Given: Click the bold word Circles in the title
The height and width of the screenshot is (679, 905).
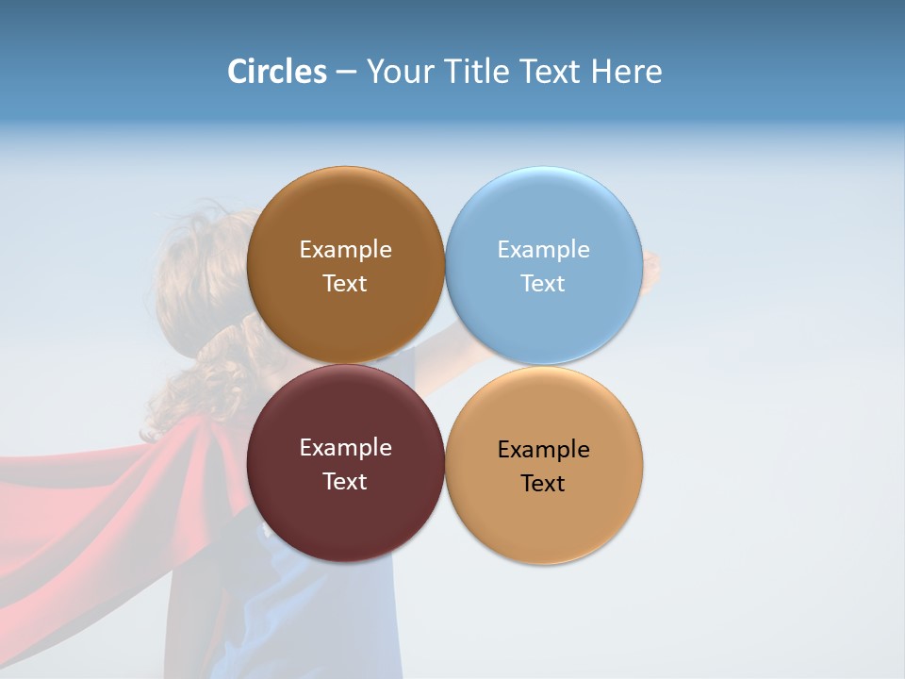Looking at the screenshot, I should pos(276,72).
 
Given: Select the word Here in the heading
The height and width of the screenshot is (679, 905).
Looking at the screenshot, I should pos(626,72).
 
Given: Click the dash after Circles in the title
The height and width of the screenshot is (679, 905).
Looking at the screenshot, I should pos(346,73).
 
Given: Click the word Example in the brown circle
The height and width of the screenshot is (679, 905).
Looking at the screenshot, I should pos(345,249).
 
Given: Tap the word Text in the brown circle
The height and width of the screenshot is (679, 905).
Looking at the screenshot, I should pos(345,283).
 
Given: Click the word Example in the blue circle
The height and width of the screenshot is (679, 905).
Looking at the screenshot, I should pos(543,249).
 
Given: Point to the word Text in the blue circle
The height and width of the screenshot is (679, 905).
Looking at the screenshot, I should pos(543,283).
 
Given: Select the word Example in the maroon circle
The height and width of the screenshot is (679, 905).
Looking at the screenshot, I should pos(345,447).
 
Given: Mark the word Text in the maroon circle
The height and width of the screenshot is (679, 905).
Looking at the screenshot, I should pos(345,481).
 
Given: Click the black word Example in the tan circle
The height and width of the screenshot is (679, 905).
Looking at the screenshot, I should pos(543,449).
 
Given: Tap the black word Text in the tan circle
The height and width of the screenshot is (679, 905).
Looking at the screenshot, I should pos(543,483).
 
